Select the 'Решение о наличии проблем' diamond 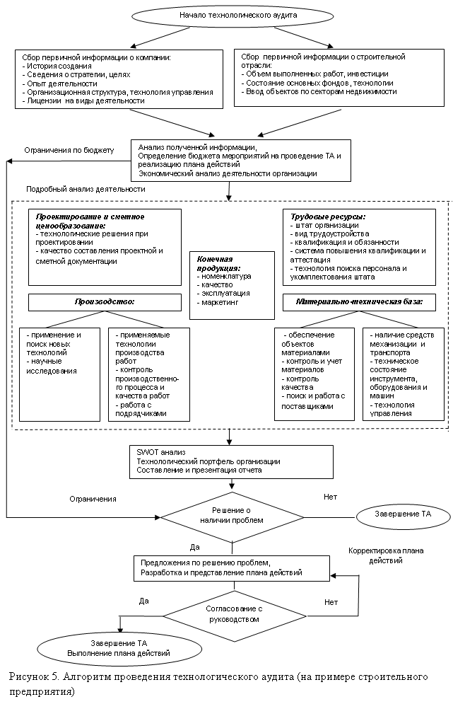231,515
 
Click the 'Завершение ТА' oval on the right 402,514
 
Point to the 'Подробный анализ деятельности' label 86,190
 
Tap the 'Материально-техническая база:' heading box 359,302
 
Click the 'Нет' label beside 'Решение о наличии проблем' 330,497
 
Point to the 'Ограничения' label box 93,499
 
